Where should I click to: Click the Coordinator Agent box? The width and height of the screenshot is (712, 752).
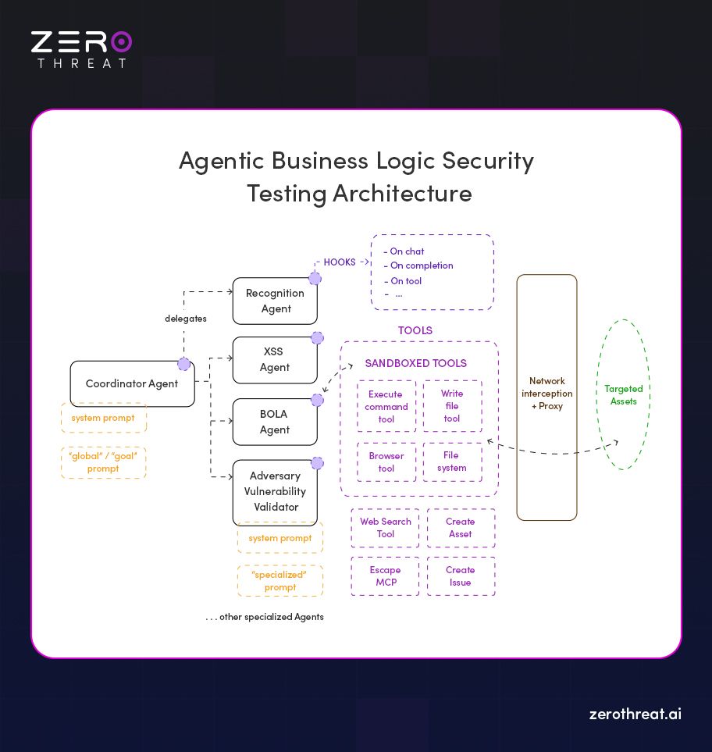132,383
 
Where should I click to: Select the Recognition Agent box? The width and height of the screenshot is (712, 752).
275,301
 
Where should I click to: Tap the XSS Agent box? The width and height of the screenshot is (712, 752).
275,360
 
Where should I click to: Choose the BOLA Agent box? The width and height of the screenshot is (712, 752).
275,422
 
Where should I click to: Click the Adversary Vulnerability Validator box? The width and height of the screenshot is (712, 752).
275,491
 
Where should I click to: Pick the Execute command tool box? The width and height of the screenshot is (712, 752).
386,406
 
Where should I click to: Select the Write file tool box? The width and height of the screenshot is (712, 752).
452,406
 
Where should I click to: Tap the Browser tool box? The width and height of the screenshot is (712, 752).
386,462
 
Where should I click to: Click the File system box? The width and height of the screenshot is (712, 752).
452,462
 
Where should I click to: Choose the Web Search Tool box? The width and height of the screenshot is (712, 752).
386,528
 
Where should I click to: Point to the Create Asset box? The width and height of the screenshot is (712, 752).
461,528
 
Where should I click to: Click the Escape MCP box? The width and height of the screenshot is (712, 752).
385,576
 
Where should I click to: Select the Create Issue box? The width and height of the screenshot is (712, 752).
461,576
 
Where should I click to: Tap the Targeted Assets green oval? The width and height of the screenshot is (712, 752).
624,394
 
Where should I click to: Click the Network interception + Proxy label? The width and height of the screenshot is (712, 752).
546,394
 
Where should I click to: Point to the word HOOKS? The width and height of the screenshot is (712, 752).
340,262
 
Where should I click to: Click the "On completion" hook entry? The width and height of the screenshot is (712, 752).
422,266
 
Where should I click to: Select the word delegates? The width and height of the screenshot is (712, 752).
186,319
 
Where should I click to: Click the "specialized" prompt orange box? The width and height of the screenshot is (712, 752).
279,581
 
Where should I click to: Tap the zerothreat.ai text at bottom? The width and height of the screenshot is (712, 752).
635,714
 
